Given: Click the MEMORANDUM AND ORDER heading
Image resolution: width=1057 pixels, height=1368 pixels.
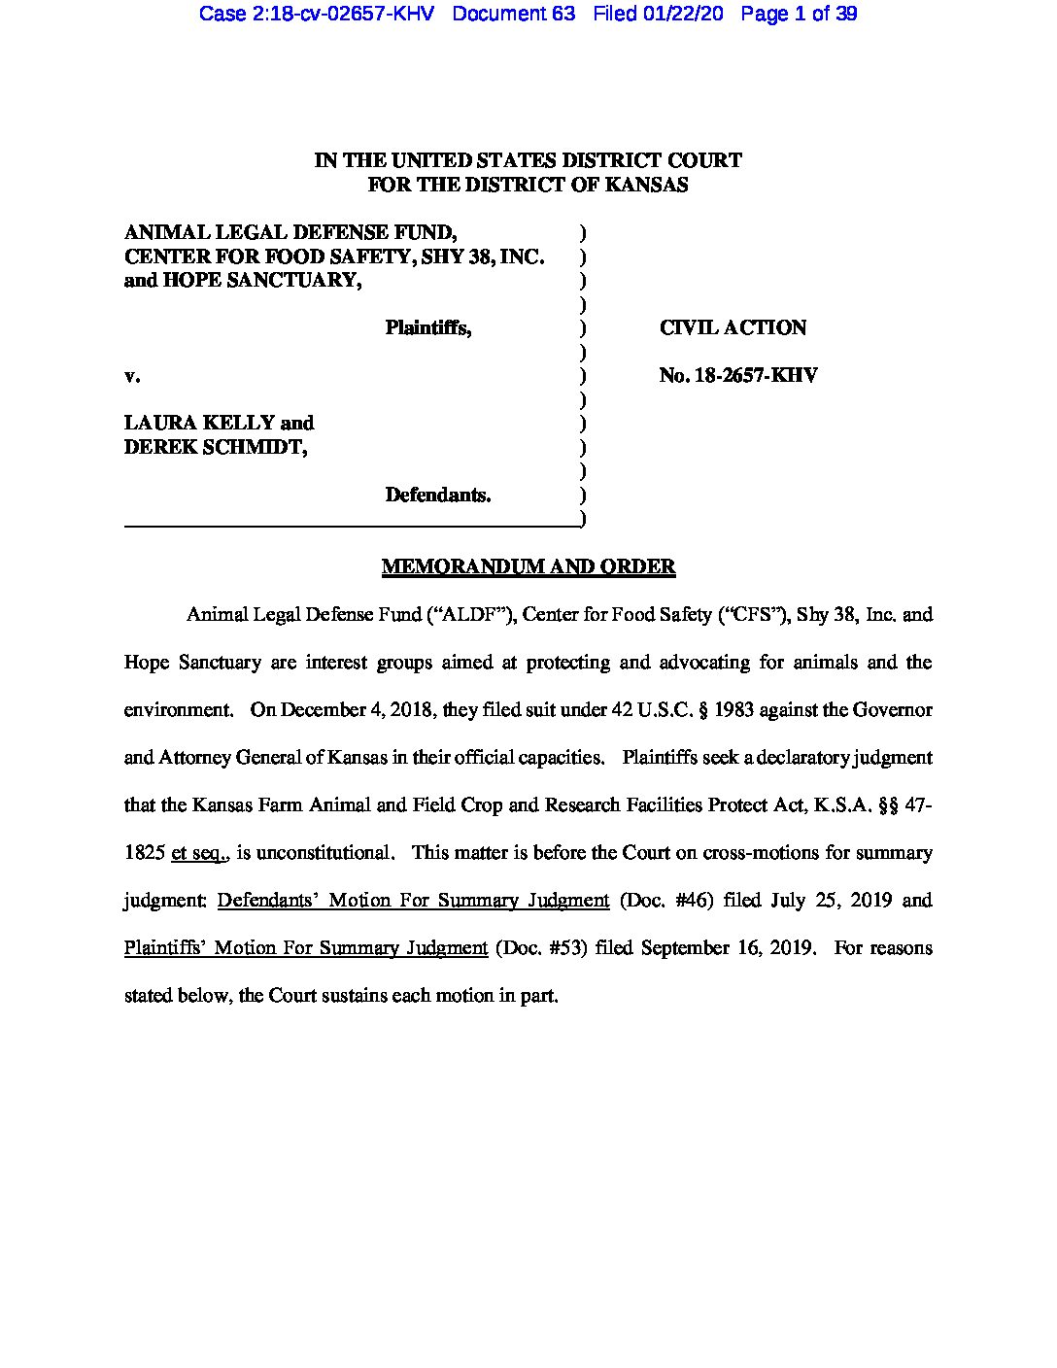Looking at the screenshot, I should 528,566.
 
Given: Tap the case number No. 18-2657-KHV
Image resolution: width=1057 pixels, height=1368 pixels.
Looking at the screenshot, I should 737,375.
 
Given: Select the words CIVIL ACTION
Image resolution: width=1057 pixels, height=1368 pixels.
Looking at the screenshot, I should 733,327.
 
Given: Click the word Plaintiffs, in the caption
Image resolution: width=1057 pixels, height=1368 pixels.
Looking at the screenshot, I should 427,327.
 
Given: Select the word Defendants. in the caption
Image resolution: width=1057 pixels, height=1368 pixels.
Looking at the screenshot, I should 437,495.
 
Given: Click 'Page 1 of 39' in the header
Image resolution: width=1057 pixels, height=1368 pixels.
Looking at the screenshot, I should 799,14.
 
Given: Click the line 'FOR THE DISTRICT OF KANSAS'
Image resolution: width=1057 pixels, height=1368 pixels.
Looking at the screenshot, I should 528,185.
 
